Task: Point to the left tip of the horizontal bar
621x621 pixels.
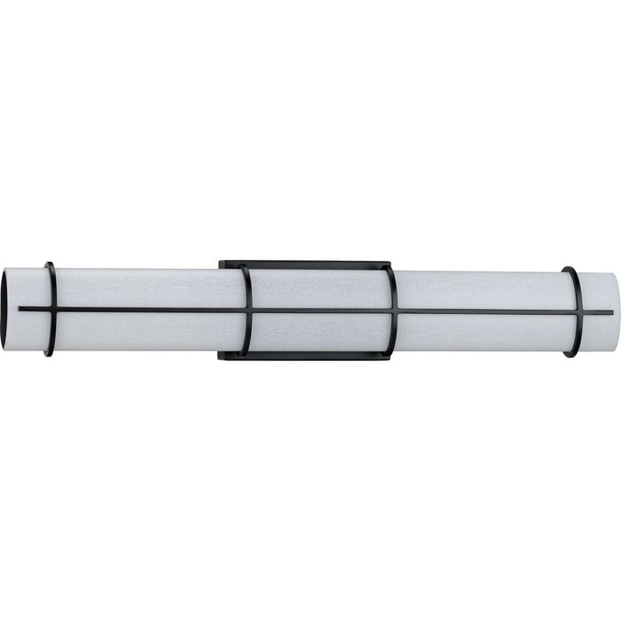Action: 20,309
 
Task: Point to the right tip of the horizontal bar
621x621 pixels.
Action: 611,312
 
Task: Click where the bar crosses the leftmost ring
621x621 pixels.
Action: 51,309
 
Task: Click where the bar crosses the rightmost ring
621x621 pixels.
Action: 575,312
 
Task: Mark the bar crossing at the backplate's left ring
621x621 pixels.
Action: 248,310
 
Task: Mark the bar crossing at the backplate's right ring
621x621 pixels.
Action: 392,310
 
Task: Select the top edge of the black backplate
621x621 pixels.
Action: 306,263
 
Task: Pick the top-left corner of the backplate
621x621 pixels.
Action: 221,262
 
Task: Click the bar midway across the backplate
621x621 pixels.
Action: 319,310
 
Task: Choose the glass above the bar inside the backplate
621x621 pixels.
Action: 319,288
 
